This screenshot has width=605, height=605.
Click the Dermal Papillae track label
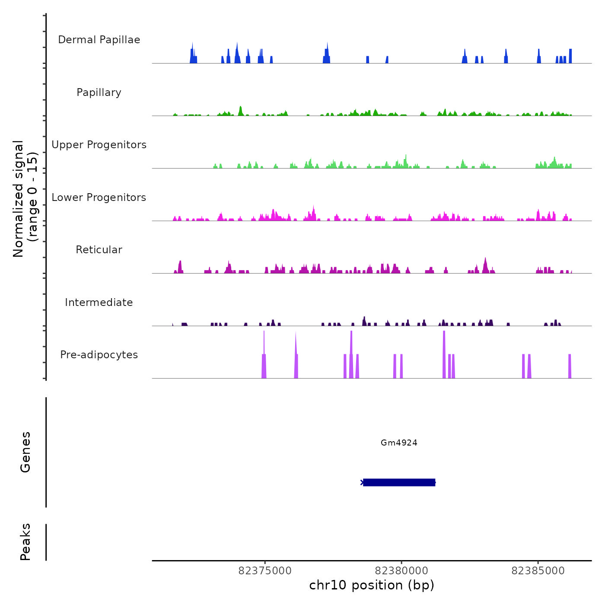coord(99,40)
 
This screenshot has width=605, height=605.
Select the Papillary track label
coord(99,92)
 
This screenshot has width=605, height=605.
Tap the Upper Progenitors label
coord(99,145)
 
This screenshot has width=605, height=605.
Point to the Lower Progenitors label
coord(99,197)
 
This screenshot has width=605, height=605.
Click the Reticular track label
coord(99,250)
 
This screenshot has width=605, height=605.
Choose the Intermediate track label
coord(99,302)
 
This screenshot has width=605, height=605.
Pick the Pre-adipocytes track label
coord(99,355)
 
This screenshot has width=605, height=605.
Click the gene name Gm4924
coord(399,443)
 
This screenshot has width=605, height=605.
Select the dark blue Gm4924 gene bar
coord(399,482)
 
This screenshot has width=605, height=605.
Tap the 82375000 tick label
coord(265,571)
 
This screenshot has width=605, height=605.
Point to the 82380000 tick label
coord(401,571)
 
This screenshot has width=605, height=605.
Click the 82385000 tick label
coord(538,571)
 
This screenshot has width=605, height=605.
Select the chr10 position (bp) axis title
coord(372,585)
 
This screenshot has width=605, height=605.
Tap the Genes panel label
coord(25,452)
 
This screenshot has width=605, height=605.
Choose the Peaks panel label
coord(25,542)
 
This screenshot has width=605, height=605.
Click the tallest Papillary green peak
coord(241,111)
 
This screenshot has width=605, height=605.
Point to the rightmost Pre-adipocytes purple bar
coord(570,366)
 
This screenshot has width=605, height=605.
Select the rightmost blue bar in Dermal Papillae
coord(570,56)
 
